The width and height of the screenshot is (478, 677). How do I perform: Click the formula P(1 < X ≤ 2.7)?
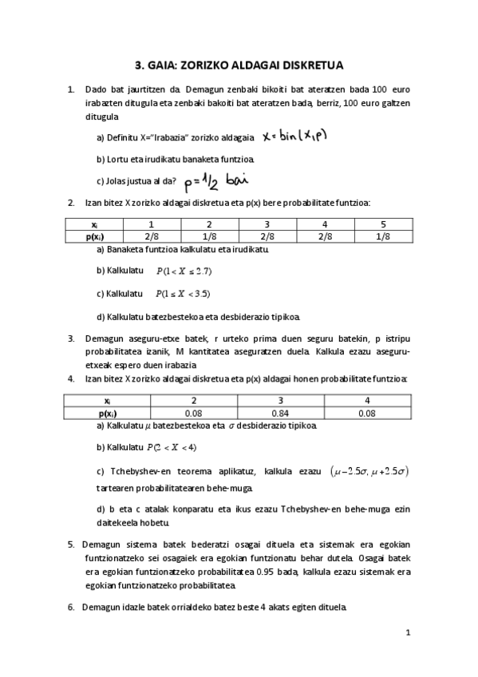tap(184, 271)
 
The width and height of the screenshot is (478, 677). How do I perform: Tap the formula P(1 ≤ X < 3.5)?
tap(183, 293)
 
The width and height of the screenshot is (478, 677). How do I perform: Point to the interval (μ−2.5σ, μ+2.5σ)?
tap(369, 472)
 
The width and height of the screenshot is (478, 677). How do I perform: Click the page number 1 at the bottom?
tap(407, 634)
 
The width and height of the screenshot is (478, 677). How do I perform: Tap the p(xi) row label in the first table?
tap(95, 236)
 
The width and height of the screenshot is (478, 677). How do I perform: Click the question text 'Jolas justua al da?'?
tap(136, 180)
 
